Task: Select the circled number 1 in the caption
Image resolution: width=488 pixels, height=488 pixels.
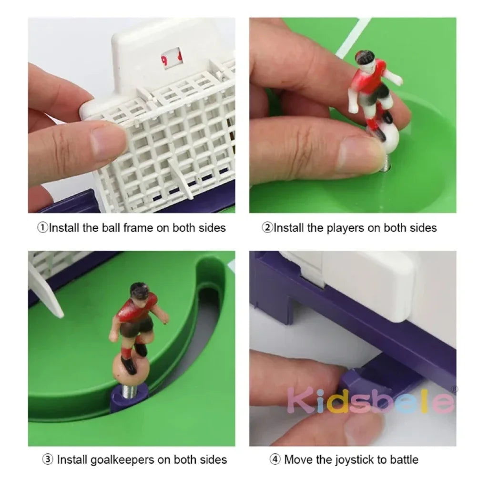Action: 43,227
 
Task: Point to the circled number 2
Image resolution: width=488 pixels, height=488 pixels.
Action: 267,227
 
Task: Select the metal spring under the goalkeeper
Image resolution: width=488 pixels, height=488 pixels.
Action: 129,384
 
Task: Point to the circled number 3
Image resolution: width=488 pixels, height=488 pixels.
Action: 48,459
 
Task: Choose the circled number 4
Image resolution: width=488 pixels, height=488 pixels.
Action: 275,459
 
